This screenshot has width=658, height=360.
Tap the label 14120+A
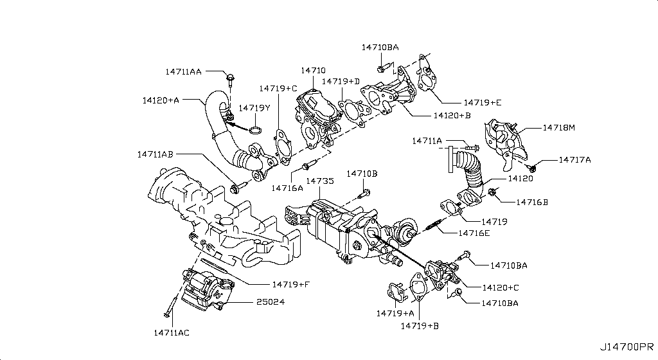pos(161,100)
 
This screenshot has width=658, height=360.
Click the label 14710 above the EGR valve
pos(313,71)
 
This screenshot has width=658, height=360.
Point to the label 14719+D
pos(341,82)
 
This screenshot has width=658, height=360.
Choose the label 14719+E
pos(481,102)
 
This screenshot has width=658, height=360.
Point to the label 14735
pos(319,182)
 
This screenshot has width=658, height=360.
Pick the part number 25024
pos(271,301)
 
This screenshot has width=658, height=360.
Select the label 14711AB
pos(155,154)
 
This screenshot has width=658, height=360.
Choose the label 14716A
pos(287,188)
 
